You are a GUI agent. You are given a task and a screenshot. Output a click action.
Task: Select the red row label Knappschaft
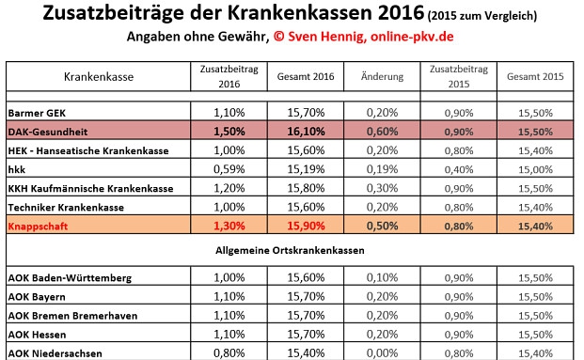43,227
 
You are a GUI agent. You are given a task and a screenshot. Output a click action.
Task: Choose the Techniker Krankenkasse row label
66,207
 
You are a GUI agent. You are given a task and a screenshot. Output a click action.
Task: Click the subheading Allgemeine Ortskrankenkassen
291,252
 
